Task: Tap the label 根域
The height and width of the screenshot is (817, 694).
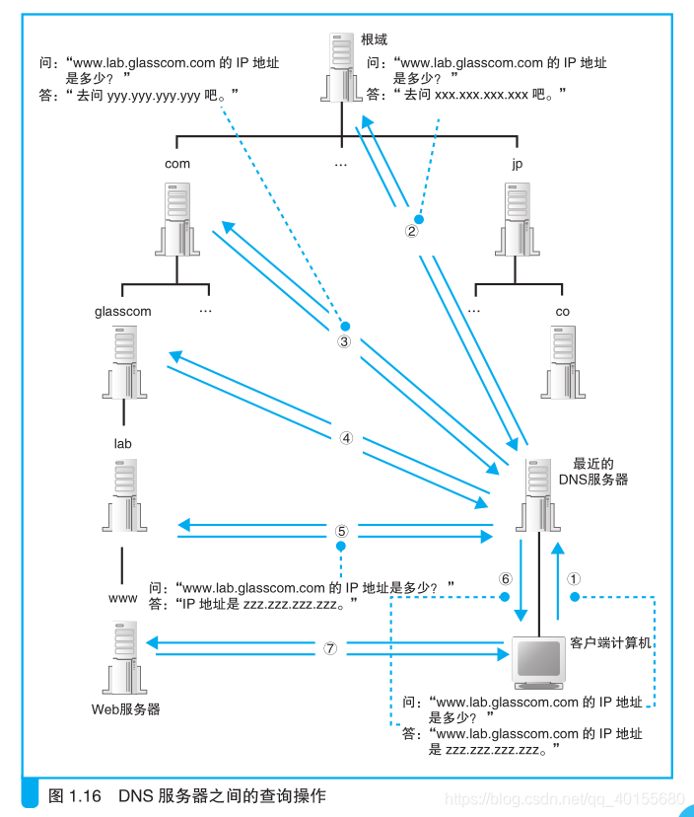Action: click(x=376, y=40)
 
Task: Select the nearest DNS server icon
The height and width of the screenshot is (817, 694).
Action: click(x=537, y=498)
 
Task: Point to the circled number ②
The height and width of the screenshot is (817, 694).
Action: click(x=412, y=232)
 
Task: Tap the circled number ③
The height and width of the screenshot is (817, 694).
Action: click(x=344, y=341)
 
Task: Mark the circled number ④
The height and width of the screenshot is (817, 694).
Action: click(x=345, y=438)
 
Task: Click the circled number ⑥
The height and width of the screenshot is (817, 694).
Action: click(x=506, y=579)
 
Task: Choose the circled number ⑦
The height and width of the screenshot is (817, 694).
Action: click(x=331, y=648)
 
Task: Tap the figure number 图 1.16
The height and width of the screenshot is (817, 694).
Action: click(x=75, y=795)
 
